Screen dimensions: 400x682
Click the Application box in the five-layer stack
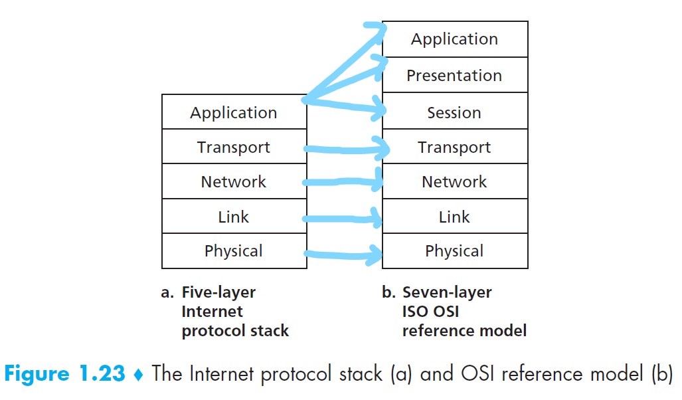[234, 112]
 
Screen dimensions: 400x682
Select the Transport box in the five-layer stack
[234, 148]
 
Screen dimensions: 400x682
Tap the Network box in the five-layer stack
[234, 182]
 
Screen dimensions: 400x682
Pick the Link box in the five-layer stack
[234, 217]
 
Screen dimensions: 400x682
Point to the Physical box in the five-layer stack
[234, 251]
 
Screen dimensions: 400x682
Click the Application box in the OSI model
[455, 39]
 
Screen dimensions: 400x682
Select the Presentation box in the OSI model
[455, 75]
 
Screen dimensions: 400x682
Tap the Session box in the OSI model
[455, 112]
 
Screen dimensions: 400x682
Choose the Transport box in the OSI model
[455, 148]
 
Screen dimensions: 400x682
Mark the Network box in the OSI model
[455, 182]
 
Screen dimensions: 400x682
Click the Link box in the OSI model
[455, 217]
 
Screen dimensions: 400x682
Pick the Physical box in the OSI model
[455, 251]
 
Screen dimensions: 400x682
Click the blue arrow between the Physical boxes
[342, 253]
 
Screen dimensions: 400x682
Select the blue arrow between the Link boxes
[342, 218]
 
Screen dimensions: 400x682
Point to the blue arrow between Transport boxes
[342, 149]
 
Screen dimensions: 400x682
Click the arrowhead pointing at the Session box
[378, 110]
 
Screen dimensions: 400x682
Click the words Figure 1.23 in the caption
[64, 373]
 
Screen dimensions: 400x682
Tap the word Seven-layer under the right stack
[447, 292]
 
